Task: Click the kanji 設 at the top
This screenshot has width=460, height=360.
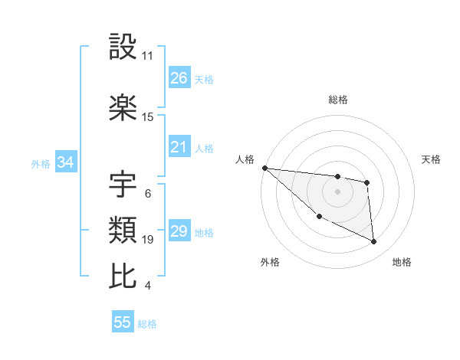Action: click(123, 47)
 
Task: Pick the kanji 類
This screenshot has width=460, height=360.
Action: click(123, 230)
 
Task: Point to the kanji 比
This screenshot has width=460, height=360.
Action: click(123, 276)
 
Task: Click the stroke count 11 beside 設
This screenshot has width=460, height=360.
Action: click(148, 56)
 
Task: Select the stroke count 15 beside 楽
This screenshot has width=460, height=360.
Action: click(148, 117)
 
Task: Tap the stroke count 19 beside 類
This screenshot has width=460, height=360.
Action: click(148, 240)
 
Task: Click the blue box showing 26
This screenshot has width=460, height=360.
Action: click(179, 78)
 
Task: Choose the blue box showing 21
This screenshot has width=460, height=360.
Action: click(179, 147)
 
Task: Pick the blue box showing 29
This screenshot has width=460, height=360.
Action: click(179, 231)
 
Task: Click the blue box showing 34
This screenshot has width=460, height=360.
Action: click(65, 162)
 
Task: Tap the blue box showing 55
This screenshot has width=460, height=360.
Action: click(123, 322)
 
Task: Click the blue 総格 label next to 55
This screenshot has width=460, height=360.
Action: click(147, 324)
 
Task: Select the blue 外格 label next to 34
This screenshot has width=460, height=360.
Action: click(41, 163)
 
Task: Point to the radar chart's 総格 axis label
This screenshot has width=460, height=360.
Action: click(337, 100)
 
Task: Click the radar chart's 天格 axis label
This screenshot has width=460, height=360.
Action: click(432, 159)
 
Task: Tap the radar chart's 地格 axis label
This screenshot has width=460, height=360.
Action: click(402, 262)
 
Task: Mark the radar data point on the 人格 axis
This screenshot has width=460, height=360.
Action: click(264, 168)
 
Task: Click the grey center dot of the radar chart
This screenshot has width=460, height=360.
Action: click(337, 191)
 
